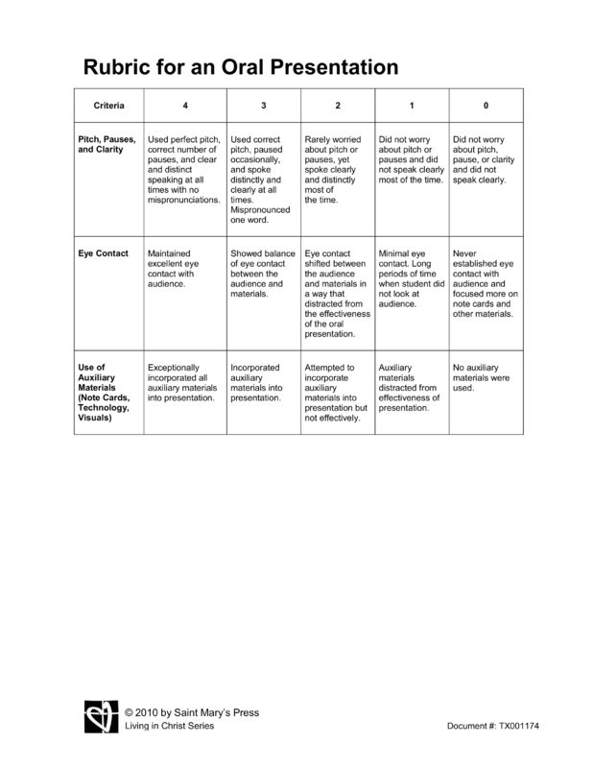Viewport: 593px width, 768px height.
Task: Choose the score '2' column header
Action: pos(337,104)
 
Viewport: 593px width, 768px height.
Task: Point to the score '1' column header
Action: pos(411,104)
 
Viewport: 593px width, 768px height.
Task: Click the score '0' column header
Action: pos(486,104)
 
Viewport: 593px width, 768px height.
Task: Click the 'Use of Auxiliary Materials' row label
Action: pos(105,392)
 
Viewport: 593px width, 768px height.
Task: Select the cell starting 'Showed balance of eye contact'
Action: pos(262,274)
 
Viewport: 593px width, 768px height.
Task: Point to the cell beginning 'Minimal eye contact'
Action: pos(411,278)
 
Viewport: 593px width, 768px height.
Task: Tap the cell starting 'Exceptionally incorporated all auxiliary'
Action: pos(182,382)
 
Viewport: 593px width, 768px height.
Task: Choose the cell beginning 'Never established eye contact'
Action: pos(486,283)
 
